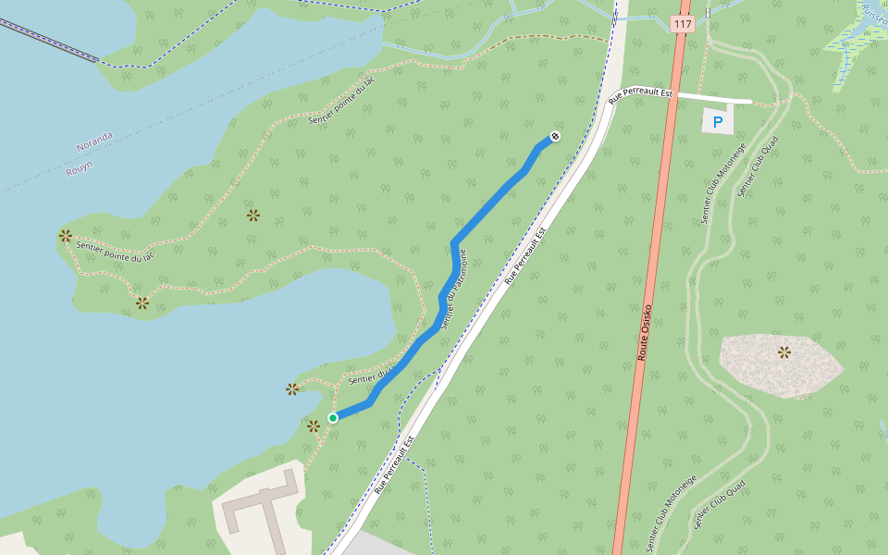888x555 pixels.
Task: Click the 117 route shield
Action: tap(683, 24)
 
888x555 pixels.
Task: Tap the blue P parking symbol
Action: tap(717, 121)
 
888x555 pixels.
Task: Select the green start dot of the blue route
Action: tap(333, 418)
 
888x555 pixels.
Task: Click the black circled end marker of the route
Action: tap(555, 137)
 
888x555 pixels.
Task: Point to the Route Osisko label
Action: tap(646, 331)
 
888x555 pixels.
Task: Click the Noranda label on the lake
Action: tap(94, 142)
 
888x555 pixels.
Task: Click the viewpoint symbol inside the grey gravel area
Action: tap(784, 351)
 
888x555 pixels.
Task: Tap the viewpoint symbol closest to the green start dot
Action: tap(314, 425)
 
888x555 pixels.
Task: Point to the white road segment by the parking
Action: tap(714, 97)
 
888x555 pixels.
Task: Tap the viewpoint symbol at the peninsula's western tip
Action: tap(66, 236)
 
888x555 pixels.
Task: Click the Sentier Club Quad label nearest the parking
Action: tap(758, 166)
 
